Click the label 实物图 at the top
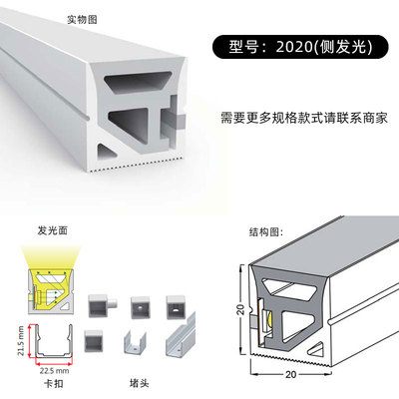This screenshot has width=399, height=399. (x=82, y=19)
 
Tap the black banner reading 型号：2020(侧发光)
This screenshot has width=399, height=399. (x=300, y=47)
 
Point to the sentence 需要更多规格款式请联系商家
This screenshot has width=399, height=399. (x=304, y=118)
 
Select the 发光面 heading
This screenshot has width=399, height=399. (x=53, y=230)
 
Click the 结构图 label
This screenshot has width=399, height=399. (x=266, y=231)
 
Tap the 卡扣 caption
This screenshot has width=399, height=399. (x=54, y=383)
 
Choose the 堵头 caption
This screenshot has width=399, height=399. (x=139, y=383)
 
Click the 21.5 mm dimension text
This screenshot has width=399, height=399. (x=21, y=341)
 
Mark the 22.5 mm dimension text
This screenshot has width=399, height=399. (x=54, y=370)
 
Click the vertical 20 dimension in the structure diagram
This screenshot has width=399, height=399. (x=240, y=309)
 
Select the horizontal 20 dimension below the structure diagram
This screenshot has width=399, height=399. (x=290, y=374)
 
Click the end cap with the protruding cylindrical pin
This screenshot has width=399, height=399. (x=103, y=305)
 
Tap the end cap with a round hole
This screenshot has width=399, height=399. (x=141, y=307)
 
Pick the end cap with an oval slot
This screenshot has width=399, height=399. (x=177, y=306)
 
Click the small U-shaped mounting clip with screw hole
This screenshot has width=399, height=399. (x=135, y=341)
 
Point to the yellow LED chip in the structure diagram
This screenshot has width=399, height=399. (x=269, y=321)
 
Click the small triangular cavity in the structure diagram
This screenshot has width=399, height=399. (x=317, y=348)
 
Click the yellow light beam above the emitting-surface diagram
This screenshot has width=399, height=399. (x=52, y=257)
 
